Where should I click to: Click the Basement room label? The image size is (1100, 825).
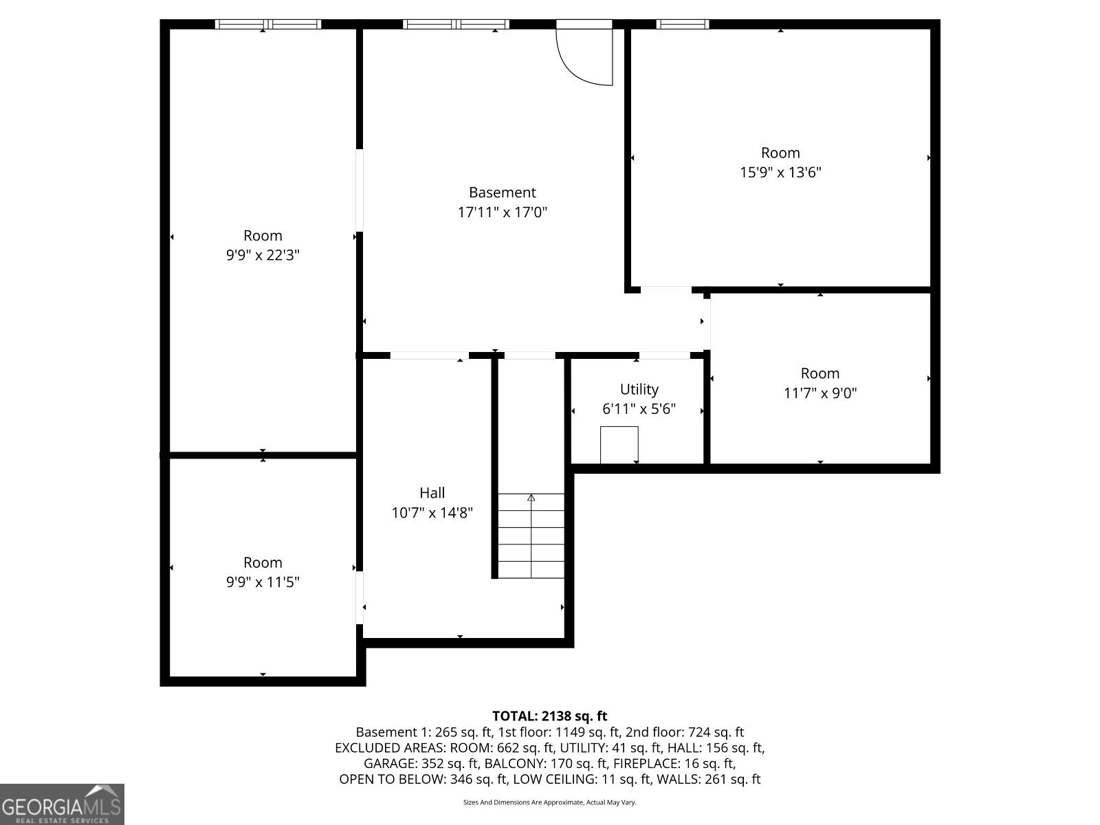coord(502,192)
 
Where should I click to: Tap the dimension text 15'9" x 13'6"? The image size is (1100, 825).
coord(780,173)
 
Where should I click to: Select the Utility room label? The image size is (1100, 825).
coord(639,389)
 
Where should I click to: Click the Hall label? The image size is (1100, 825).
coord(432,492)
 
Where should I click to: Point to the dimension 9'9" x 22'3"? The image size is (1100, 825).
coord(263,255)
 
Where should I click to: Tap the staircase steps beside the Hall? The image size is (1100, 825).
coord(531,543)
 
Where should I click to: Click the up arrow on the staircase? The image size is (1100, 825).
coord(531,498)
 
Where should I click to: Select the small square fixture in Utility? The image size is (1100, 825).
coord(619,444)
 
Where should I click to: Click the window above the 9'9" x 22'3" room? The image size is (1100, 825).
coord(267,25)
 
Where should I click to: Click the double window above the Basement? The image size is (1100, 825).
coord(456,25)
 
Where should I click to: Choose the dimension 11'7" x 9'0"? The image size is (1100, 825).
coord(819,393)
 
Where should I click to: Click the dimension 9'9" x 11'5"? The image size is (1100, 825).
coord(263,582)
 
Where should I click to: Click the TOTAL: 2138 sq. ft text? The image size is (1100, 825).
coord(549,716)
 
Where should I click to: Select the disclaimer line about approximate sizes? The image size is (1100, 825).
coord(549,802)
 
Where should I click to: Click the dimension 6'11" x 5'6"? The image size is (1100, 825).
coord(639,409)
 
